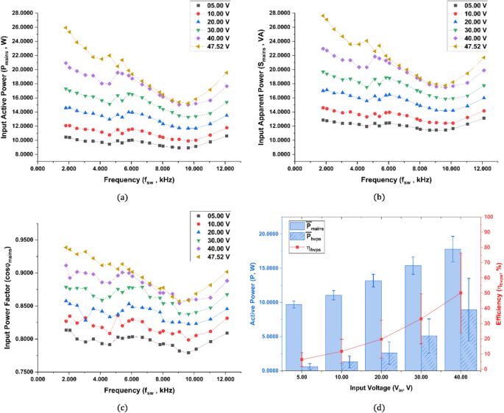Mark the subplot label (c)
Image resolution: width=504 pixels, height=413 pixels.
122,407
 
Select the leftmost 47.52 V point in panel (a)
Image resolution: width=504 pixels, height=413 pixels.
65,28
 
